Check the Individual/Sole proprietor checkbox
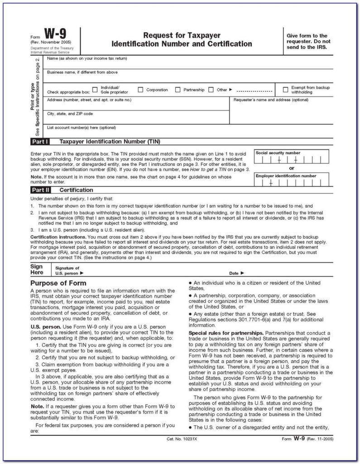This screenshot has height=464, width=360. (x=95, y=89)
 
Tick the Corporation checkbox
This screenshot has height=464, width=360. (x=140, y=90)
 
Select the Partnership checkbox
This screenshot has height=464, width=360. (x=178, y=90)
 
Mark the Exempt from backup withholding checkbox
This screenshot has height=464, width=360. (x=285, y=90)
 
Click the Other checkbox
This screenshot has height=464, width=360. (x=211, y=90)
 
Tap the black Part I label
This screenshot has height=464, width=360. (x=41, y=141)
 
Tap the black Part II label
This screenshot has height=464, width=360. (x=41, y=190)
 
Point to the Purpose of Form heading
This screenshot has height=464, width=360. (x=58, y=283)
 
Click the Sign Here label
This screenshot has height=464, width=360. (x=37, y=270)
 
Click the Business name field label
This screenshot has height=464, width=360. (x=82, y=72)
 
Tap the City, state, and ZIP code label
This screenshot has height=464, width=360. (x=70, y=113)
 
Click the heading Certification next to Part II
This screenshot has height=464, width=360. (x=76, y=190)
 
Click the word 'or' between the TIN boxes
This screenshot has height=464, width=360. (x=291, y=168)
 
